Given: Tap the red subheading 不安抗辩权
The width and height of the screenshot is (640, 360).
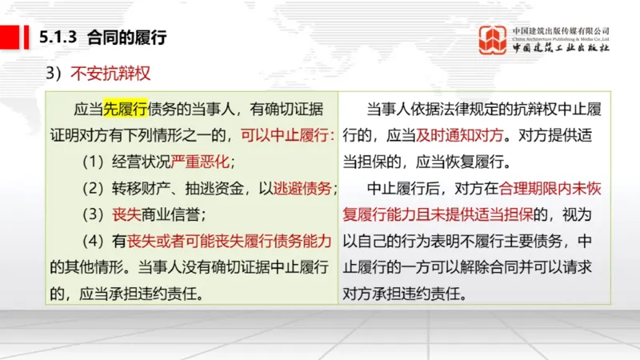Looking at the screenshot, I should click(x=111, y=74).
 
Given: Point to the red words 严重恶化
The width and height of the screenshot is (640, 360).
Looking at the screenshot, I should click(x=201, y=162).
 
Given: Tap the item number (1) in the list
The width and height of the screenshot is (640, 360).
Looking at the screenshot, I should click(x=94, y=162).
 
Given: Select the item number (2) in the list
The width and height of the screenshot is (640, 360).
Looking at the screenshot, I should click(x=94, y=189).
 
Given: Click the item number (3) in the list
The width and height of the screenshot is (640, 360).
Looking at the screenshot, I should click(x=94, y=214).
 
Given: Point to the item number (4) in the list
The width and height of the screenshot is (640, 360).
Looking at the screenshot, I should click(x=94, y=240).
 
